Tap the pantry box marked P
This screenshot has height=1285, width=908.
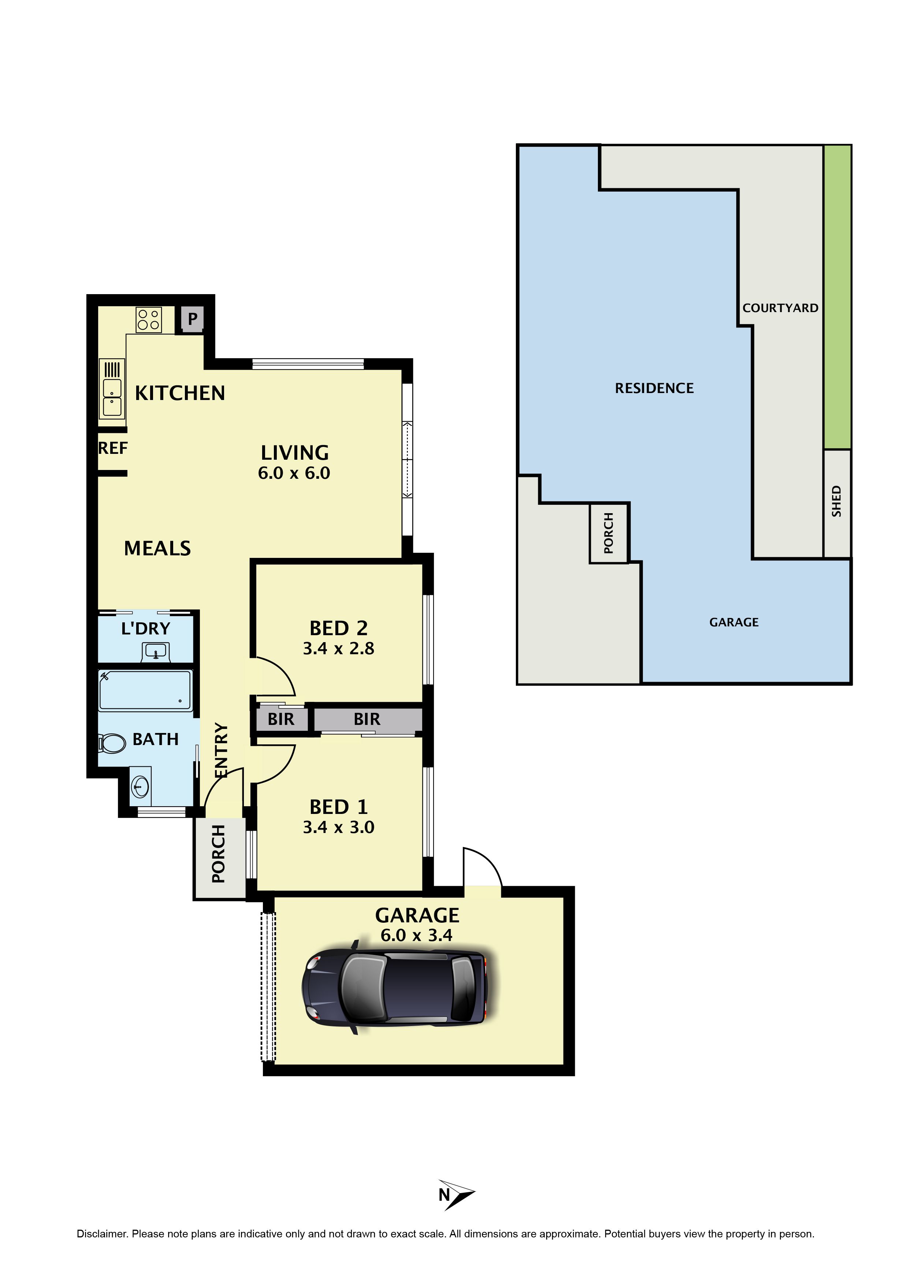[x=192, y=319]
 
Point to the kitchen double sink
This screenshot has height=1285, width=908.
[x=112, y=388]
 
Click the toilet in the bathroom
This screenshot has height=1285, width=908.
[x=112, y=743]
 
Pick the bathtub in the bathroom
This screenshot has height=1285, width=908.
[x=145, y=690]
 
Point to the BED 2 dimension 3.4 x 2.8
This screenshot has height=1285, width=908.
[x=338, y=649]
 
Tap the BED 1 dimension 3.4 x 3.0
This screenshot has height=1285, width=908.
[x=338, y=827]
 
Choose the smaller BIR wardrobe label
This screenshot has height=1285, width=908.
[x=281, y=719]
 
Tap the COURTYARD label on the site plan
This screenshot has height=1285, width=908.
[x=781, y=308]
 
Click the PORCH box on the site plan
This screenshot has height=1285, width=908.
[x=609, y=533]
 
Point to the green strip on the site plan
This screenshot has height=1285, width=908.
[x=837, y=297]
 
